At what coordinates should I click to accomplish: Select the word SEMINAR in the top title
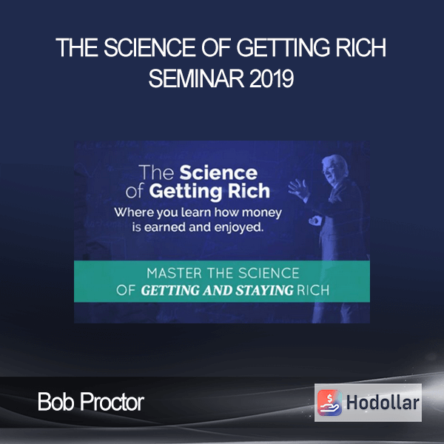point(196,78)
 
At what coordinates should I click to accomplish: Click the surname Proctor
point(112,402)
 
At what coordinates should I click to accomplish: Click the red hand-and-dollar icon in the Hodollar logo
point(329,403)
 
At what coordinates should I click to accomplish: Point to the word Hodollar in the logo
point(383,403)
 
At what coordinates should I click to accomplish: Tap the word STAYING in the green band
point(265,290)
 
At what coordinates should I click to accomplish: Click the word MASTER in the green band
point(174,273)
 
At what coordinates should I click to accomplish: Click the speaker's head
point(335,168)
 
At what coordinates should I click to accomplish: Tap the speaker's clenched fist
point(315,221)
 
